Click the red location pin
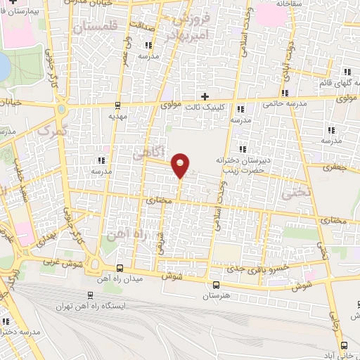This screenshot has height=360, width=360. pyautogui.click(x=181, y=164)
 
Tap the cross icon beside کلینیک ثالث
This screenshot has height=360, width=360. pyautogui.click(x=205, y=96)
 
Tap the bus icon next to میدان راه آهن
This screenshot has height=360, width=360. pyautogui.click(x=120, y=268)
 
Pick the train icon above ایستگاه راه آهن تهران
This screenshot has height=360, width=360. pyautogui.click(x=90, y=295)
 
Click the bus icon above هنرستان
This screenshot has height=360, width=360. pyautogui.click(x=216, y=285)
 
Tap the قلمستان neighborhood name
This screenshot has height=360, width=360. pyautogui.click(x=92, y=27)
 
